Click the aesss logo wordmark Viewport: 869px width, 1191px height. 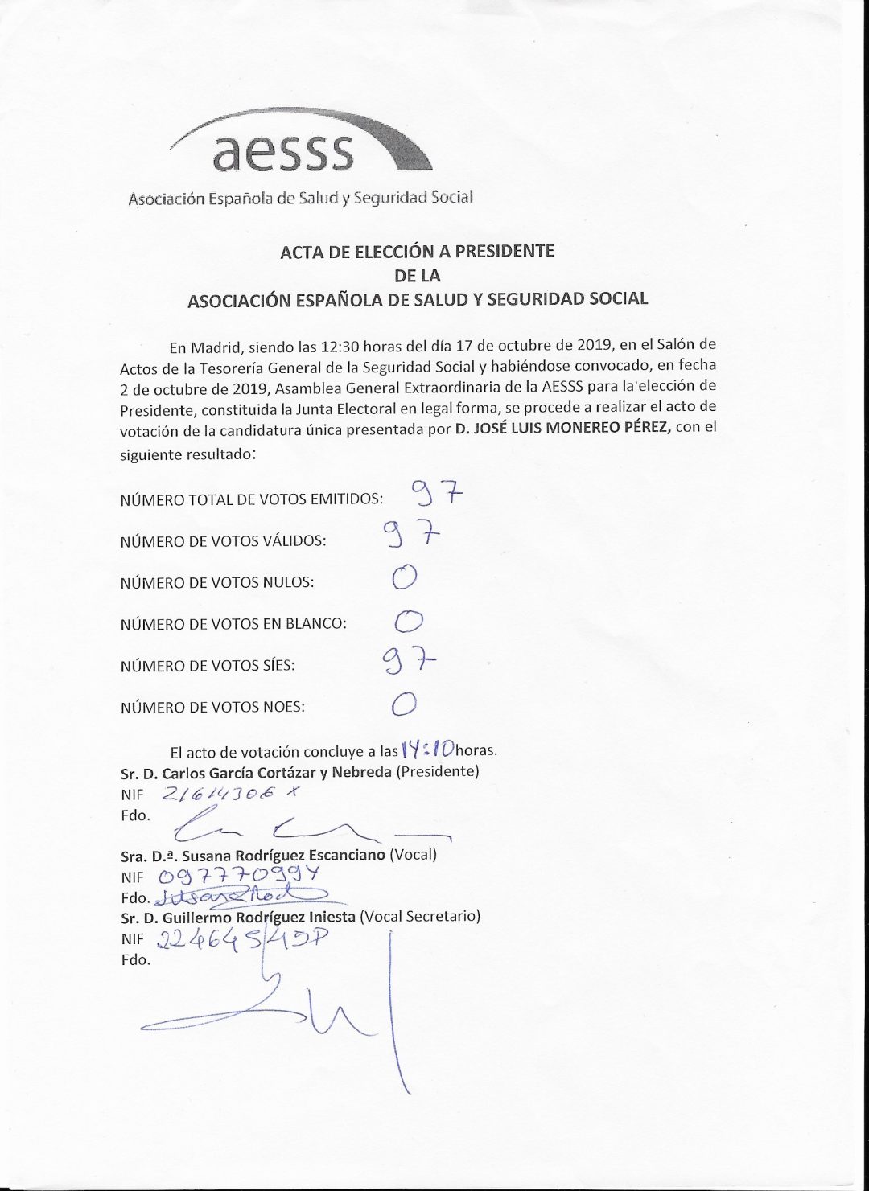pyautogui.click(x=283, y=150)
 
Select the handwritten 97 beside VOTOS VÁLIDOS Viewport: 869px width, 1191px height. pyautogui.click(x=411, y=533)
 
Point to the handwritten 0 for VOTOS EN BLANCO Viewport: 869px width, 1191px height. pyautogui.click(x=410, y=620)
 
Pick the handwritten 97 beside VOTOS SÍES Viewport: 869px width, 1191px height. pyautogui.click(x=409, y=662)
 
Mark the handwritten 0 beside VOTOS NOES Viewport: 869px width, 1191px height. pyautogui.click(x=404, y=704)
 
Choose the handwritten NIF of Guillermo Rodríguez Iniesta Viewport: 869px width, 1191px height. pyautogui.click(x=245, y=938)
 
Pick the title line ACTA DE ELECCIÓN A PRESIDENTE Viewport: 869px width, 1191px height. pyautogui.click(x=417, y=251)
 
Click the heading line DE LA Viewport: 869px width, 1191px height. pyautogui.click(x=417, y=275)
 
